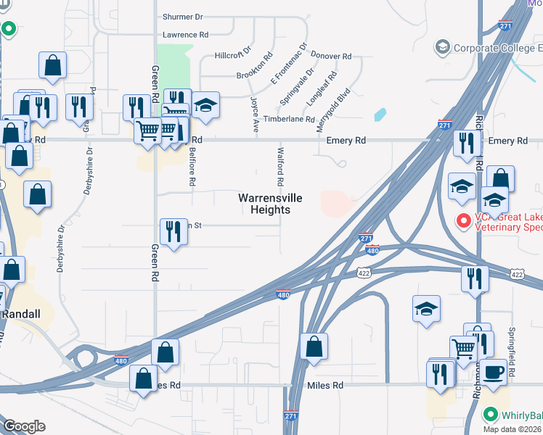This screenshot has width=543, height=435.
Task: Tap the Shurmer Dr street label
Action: (x=183, y=17)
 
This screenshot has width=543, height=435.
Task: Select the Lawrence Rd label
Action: (x=185, y=35)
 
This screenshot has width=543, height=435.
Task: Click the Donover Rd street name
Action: (x=330, y=56)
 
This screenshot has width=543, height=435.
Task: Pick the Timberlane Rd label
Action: (x=288, y=119)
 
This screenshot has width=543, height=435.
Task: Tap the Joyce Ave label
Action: (x=255, y=115)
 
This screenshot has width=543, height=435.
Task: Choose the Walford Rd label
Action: (x=280, y=167)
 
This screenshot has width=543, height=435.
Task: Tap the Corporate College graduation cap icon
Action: (x=442, y=48)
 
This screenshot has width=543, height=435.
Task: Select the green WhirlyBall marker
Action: (x=491, y=415)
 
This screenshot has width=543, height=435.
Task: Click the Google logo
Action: (x=24, y=426)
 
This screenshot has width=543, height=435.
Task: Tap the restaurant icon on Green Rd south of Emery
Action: (x=173, y=231)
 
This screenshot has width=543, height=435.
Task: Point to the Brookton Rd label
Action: (x=254, y=65)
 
